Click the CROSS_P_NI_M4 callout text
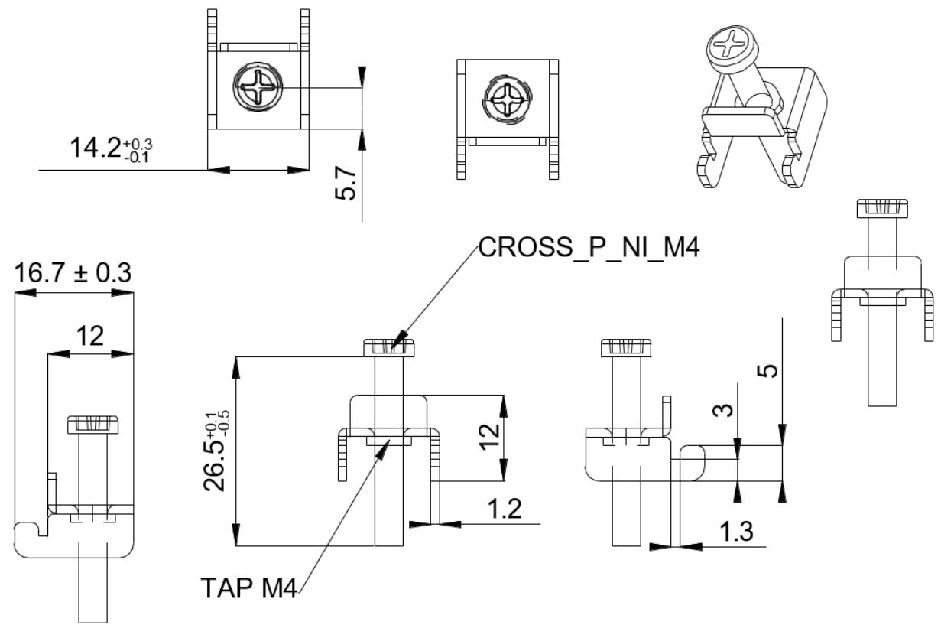pos(589,247)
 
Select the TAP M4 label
pos(249,588)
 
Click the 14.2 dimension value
pos(96,148)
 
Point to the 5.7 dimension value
pos(346,183)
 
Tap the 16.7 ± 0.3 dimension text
pos(73,272)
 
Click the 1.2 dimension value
pos(505,508)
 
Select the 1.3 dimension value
pos(737,531)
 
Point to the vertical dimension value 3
pos(723,410)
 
